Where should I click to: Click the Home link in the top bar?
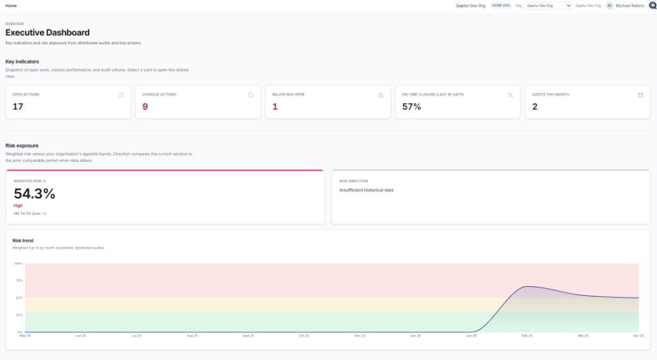coord(11,5)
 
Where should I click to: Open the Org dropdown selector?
coord(547,5)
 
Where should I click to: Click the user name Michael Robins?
coord(629,5)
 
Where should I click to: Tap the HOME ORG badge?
coord(500,5)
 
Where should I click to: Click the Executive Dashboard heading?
coord(47,33)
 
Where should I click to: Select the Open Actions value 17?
coord(18,107)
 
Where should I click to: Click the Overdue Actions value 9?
coord(145,107)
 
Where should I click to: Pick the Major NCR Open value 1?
coord(275,107)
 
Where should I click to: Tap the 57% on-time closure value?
coord(411,107)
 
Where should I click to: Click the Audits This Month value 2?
coord(534,107)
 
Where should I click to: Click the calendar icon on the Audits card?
coord(640,95)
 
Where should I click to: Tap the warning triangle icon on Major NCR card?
coord(380,95)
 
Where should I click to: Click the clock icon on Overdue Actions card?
coord(250,95)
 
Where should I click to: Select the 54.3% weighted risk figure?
coord(35,193)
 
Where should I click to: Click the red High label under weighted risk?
coord(18,205)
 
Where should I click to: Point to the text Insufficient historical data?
coord(366,190)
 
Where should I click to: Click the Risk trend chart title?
coord(23,241)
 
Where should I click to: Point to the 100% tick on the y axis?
coord(18,263)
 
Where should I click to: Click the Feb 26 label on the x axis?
coord(527,336)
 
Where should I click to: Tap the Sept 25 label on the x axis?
coord(248,336)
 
